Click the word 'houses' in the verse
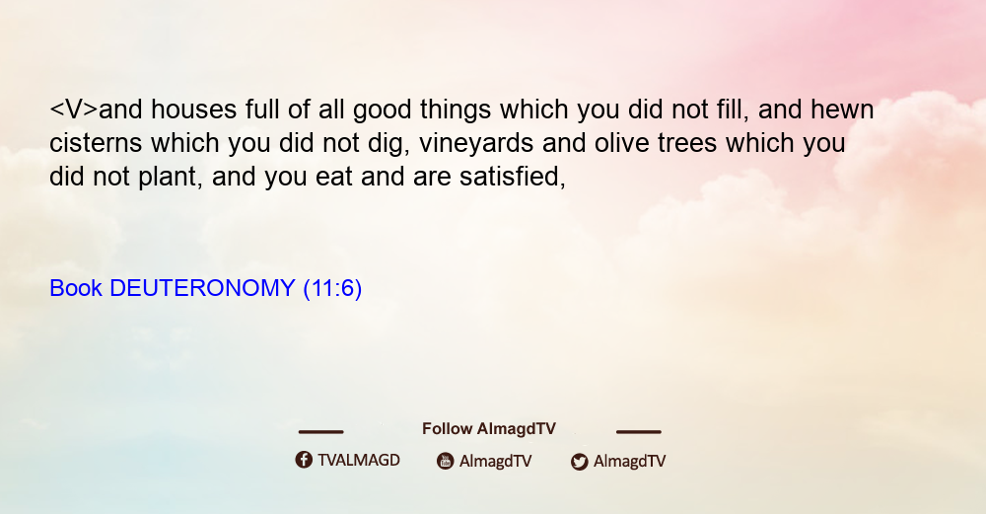tap(193, 110)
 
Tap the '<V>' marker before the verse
tap(74, 110)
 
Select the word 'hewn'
tap(842, 110)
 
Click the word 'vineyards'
tap(476, 144)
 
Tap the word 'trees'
tap(687, 144)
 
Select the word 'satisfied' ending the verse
tap(512, 177)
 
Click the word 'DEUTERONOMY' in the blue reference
tap(202, 288)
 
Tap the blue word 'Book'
tap(76, 288)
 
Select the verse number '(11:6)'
tap(332, 289)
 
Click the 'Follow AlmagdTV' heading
tap(489, 429)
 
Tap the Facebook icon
tap(304, 460)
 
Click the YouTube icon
tap(446, 461)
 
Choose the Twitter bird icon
tap(579, 462)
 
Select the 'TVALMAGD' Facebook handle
tap(359, 461)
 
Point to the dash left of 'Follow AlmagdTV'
tap(320, 432)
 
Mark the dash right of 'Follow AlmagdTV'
tap(639, 432)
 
